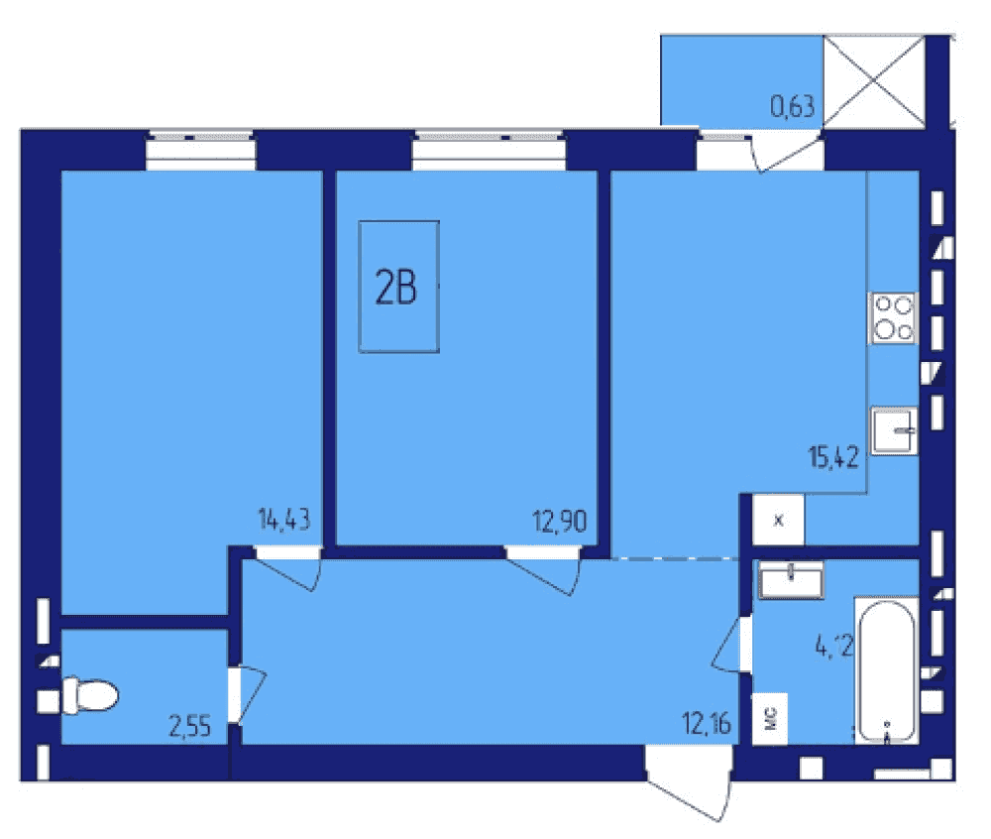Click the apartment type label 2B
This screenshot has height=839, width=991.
point(396,288)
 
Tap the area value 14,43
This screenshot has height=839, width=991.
point(284,520)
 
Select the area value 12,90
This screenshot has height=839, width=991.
point(560,522)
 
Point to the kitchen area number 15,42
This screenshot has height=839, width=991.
point(833,456)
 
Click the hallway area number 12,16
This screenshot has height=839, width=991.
point(707,723)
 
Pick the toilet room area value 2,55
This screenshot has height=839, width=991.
point(189,726)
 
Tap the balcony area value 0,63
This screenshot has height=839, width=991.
point(793,106)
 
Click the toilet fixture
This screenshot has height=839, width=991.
point(90,695)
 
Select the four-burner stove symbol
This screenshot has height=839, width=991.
point(893,318)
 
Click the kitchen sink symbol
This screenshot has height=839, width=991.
point(894,430)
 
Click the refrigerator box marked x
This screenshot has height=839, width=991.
point(779,520)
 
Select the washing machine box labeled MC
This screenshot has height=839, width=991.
point(770,719)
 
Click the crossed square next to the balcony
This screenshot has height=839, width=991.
point(873,81)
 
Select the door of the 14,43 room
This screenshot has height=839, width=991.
point(288,568)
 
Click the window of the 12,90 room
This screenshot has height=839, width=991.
point(490,151)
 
